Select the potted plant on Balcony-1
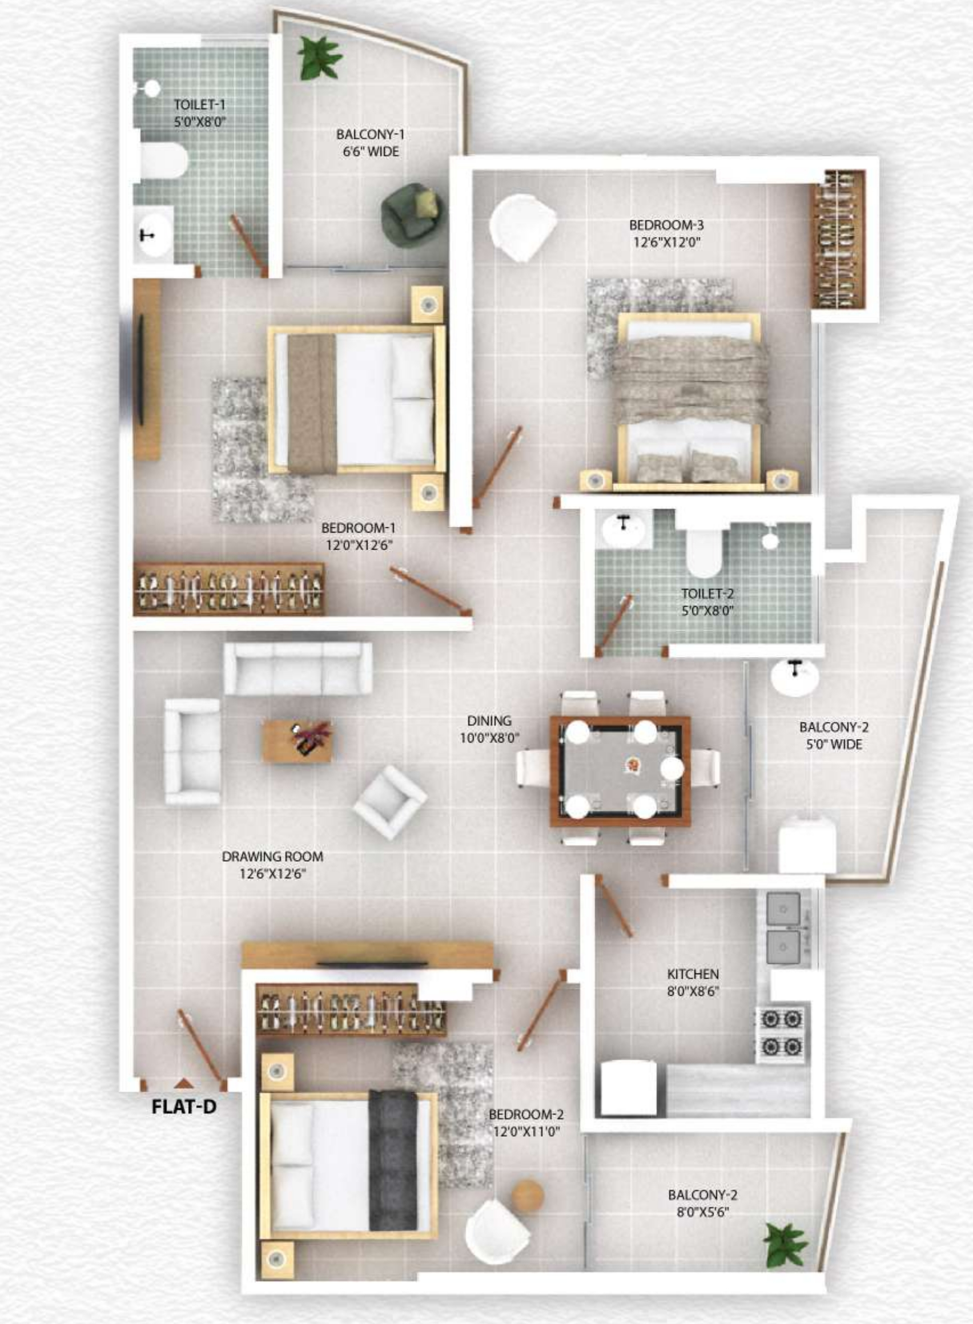click(319, 57)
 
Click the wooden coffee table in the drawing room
click(297, 741)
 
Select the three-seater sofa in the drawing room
click(298, 668)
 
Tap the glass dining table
click(620, 770)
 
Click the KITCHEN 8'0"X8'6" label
click(693, 983)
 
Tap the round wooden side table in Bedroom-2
click(527, 1195)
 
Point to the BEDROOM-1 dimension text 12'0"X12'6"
click(359, 545)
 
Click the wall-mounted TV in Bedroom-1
click(142, 369)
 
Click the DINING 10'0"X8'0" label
click(489, 729)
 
